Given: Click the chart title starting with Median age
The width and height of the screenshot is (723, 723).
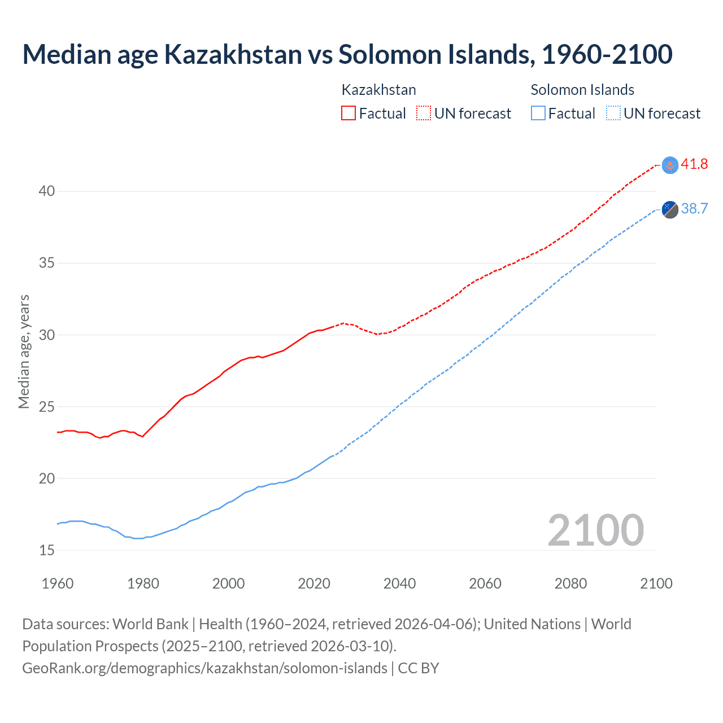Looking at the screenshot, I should point(347,54).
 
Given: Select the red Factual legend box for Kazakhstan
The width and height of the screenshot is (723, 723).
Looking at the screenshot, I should point(349,113).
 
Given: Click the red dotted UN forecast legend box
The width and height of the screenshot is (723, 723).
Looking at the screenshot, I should point(424,113).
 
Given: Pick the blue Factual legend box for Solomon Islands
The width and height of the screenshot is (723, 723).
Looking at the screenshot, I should point(538,113).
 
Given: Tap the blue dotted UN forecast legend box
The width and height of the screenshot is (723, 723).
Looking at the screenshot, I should point(613,113).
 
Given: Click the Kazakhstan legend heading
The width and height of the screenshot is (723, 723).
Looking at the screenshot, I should point(378,90).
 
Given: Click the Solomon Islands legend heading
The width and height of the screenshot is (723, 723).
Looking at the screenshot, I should point(582,90).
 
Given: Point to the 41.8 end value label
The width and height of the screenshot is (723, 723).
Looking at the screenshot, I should point(694,164).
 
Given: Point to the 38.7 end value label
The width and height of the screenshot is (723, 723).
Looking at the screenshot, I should point(694,209).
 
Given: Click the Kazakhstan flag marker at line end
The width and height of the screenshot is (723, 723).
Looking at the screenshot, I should point(670,165).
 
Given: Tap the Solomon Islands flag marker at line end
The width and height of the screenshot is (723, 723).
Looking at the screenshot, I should point(670,209).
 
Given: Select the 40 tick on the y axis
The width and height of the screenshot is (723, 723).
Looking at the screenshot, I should point(47,191).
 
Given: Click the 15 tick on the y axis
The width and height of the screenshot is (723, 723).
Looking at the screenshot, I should point(47,550).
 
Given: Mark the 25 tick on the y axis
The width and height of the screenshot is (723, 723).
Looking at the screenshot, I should point(47,407).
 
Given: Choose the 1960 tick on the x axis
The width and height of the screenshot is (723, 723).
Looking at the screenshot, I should point(58,583).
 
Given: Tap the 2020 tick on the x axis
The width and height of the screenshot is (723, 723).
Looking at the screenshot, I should point(314,583).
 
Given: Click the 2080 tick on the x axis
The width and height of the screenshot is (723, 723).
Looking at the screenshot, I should point(570,583).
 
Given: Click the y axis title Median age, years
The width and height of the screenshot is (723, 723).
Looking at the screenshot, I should point(24,351).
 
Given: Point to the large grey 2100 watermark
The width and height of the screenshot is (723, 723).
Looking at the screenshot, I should point(595,530).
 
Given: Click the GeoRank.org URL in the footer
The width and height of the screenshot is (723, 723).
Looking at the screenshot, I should point(204,668).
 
